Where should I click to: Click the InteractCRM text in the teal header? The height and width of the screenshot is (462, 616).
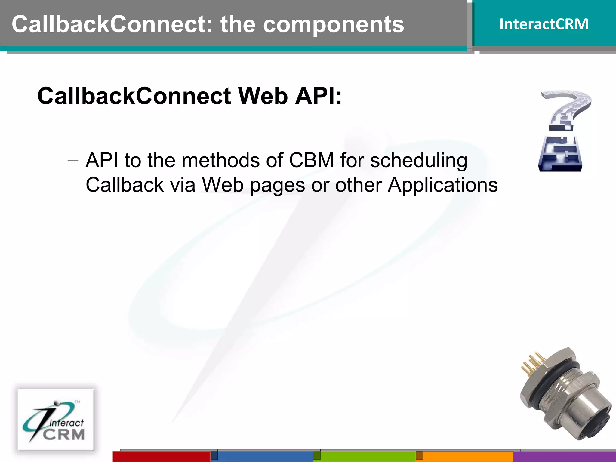[x=544, y=24]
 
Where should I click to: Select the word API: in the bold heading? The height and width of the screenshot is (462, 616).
[x=318, y=96]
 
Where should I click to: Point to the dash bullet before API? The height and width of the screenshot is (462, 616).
[x=73, y=161]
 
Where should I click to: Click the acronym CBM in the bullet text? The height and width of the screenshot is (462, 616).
[x=311, y=160]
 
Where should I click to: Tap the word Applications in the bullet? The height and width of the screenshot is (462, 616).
[x=442, y=185]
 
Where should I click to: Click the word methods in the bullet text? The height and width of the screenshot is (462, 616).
[x=220, y=160]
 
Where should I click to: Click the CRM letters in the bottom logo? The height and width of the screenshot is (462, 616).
[x=64, y=435]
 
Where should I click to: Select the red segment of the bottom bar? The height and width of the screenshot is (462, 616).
[x=161, y=457]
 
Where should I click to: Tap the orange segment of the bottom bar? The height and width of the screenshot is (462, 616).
[x=468, y=457]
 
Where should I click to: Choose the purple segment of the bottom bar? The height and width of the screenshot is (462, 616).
[x=564, y=457]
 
